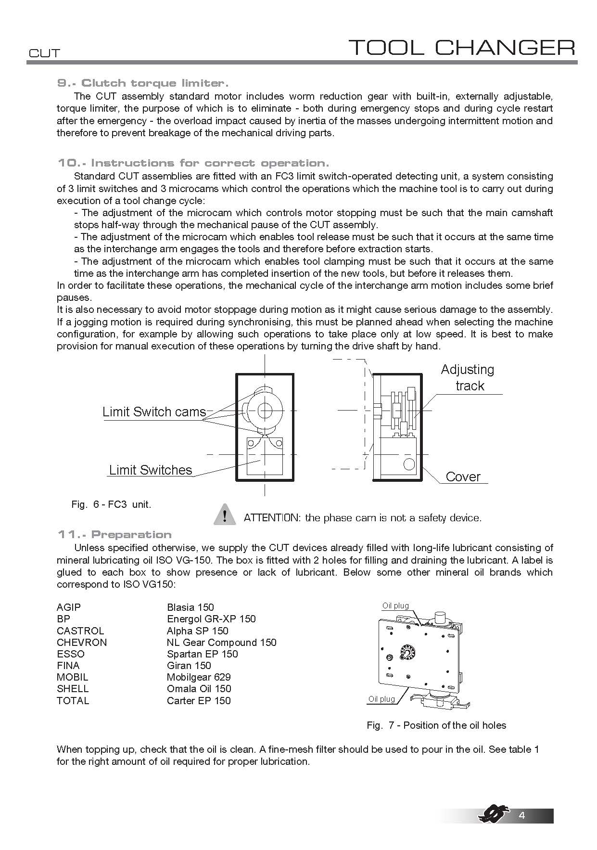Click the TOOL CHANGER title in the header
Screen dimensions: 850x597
coord(461,48)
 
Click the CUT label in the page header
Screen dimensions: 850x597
coord(44,53)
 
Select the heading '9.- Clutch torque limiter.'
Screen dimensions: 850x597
coord(143,83)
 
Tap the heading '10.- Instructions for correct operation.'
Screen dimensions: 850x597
coord(193,163)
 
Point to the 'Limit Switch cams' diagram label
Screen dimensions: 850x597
coord(154,412)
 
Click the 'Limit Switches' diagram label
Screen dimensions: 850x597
coord(151,470)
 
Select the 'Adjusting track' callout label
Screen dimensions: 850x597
coord(468,377)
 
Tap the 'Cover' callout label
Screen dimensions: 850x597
coord(463,477)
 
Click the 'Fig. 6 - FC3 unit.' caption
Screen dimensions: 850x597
coord(111,504)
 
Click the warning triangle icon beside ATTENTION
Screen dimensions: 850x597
coord(224,514)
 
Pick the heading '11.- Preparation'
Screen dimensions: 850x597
coord(114,535)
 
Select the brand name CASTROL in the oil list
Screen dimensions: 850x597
coord(80,631)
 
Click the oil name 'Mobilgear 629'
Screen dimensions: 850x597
coord(199,677)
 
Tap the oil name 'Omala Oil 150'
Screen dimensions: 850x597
coord(199,689)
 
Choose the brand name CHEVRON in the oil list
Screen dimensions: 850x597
coord(82,643)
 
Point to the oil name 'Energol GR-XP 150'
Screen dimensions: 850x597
coord(211,619)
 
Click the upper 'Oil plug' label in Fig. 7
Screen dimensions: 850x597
coord(395,606)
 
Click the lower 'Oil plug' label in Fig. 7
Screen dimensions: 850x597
coord(381,699)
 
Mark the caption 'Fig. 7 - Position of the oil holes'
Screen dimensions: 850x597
coord(436,725)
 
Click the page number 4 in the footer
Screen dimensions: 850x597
coord(522,815)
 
